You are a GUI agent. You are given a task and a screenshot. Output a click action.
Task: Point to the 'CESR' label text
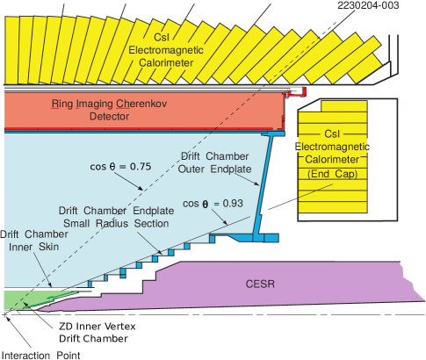pyautogui.click(x=260, y=285)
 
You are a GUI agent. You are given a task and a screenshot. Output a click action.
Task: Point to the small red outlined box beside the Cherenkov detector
pyautogui.click(x=298, y=90)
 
